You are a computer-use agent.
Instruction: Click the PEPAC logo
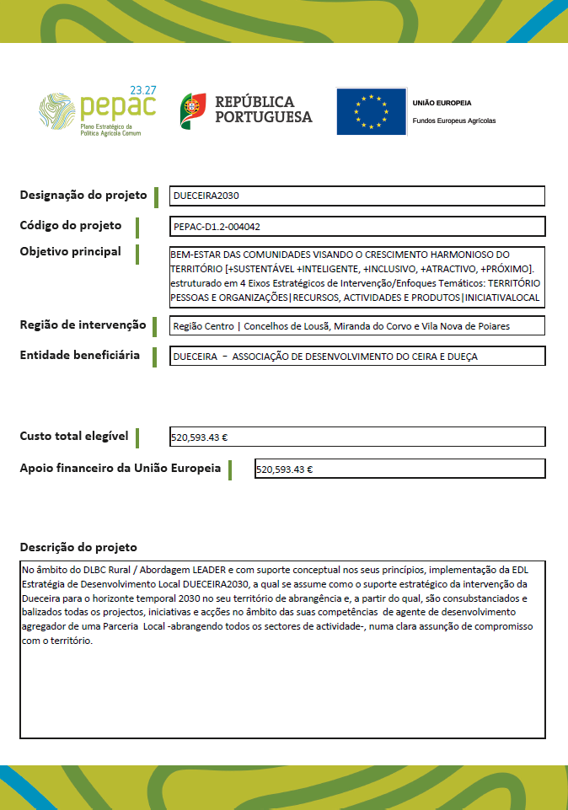(97, 110)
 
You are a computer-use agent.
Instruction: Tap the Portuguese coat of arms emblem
(193, 111)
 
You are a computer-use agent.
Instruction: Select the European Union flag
(371, 111)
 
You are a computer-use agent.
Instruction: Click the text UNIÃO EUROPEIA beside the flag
(442, 103)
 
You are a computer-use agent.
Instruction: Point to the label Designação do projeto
(83, 196)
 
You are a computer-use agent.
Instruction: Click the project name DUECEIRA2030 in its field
(206, 196)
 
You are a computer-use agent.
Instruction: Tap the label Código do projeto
(70, 225)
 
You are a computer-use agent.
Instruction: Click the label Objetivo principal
(70, 251)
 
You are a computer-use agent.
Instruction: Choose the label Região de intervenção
(83, 325)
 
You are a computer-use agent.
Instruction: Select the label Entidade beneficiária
(79, 355)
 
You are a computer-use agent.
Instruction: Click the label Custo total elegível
(74, 436)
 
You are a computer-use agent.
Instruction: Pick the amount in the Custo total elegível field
(200, 438)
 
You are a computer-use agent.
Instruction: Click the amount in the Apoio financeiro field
(284, 469)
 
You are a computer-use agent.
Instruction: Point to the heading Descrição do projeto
(78, 547)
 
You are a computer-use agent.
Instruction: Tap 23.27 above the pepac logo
(143, 89)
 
